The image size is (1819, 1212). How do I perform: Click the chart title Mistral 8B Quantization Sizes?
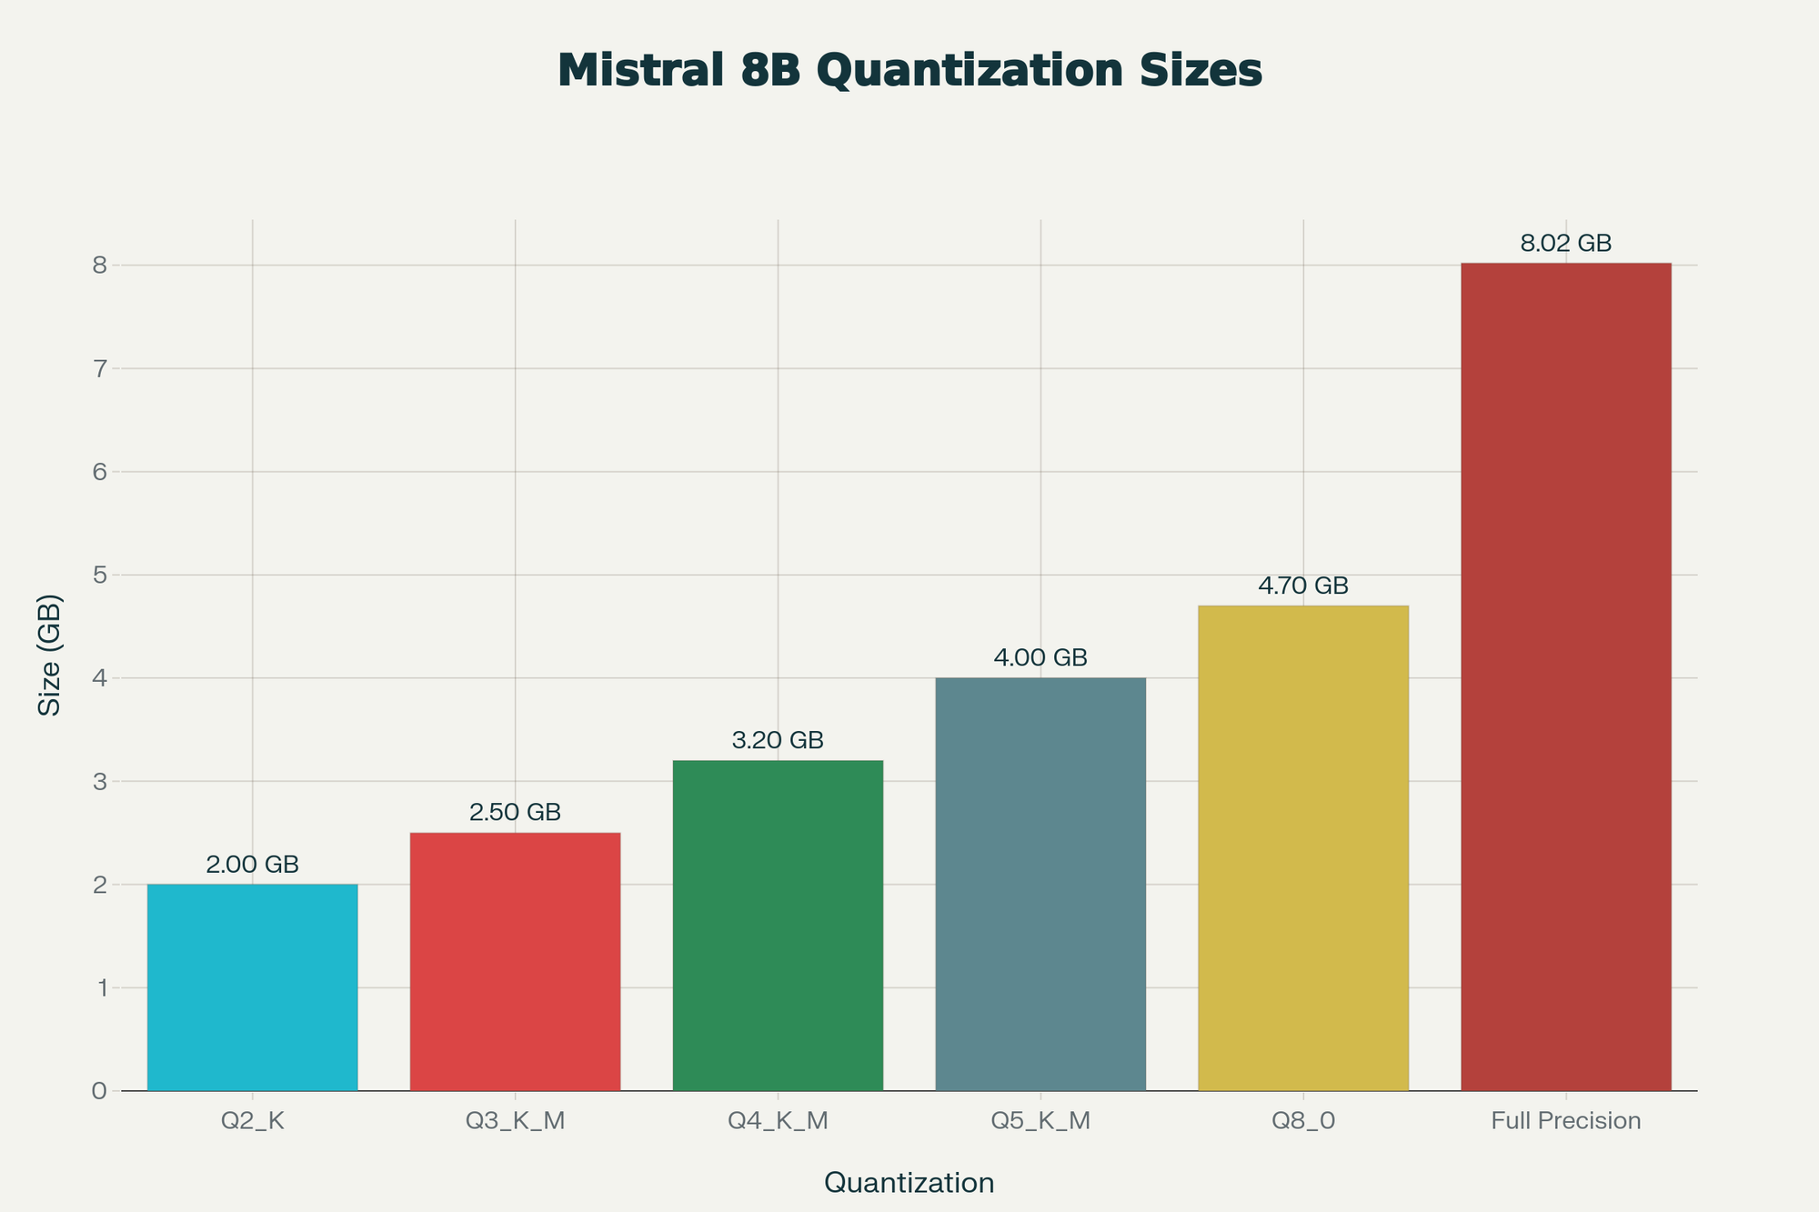[x=909, y=71]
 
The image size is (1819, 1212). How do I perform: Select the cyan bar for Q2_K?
[x=252, y=987]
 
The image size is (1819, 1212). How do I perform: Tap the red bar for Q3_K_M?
[x=515, y=962]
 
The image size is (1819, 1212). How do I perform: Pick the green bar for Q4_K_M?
[x=778, y=926]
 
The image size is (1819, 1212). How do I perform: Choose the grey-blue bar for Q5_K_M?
[x=1040, y=884]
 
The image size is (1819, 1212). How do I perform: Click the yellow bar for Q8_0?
[x=1303, y=848]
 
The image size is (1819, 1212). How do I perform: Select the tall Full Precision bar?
[x=1565, y=676]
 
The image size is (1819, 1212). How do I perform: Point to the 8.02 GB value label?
[x=1565, y=244]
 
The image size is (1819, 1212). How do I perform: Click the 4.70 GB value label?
[x=1303, y=586]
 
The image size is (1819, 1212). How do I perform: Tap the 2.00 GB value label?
[x=252, y=865]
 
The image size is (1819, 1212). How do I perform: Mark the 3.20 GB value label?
[x=778, y=741]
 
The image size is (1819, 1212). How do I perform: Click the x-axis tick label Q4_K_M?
[x=778, y=1121]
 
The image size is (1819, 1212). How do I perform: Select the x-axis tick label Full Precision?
[x=1565, y=1121]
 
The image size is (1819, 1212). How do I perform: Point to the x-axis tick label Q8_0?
[x=1303, y=1121]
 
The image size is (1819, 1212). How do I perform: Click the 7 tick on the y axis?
[x=99, y=369]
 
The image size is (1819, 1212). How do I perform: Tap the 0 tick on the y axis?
[x=99, y=1091]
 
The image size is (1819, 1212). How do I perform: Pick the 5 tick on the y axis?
[x=99, y=576]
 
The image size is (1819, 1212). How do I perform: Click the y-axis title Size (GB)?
[x=51, y=655]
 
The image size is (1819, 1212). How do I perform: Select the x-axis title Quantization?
[x=909, y=1183]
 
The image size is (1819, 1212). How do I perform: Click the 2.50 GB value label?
[x=515, y=813]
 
